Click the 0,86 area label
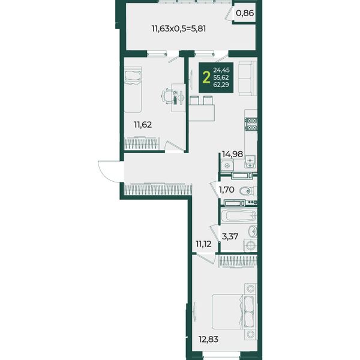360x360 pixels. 245,13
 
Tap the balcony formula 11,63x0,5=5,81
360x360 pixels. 179,29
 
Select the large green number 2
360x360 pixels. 206,77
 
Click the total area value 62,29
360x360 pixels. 221,85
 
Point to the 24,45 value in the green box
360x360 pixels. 221,70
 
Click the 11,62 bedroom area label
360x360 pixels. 143,125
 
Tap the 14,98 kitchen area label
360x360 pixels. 232,154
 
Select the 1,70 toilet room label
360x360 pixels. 226,190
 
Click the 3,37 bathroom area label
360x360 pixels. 230,236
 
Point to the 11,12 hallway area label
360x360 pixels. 203,244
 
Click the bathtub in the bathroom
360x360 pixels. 239,216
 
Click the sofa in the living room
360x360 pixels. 247,78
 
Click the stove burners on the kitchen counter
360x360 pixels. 251,124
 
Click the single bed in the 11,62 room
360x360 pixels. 133,89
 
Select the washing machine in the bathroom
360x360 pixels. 250,245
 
